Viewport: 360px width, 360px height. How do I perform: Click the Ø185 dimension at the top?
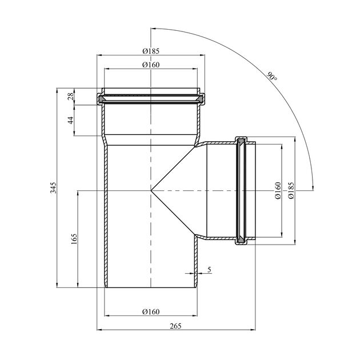pos(150,51)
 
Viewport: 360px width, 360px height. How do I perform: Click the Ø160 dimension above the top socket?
pos(150,65)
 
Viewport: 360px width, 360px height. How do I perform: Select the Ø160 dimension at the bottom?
pos(150,311)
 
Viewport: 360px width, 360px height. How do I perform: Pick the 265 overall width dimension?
pos(175,326)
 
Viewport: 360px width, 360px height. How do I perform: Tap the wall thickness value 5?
pos(210,269)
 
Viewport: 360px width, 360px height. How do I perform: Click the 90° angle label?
pos(271,76)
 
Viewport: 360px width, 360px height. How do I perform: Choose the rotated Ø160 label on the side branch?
pos(277,190)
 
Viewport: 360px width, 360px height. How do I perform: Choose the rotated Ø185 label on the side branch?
pos(291,190)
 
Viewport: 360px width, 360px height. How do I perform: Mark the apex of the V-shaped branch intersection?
pos(151,189)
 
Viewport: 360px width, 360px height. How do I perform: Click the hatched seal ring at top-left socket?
pos(102,100)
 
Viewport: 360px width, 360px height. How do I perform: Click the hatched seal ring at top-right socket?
pos(199,100)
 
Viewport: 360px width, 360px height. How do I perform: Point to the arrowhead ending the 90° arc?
pos(314,186)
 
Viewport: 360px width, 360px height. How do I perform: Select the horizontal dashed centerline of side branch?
pos(229,189)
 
